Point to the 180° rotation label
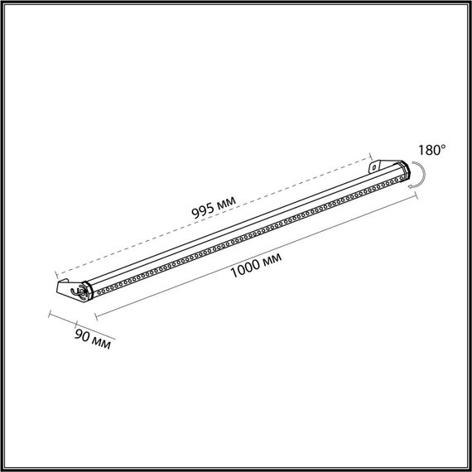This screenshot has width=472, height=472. (432, 151)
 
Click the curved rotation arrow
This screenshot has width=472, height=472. (421, 176)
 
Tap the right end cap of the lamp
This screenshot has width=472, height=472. (404, 171)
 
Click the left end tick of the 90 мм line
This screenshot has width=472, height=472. (51, 315)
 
